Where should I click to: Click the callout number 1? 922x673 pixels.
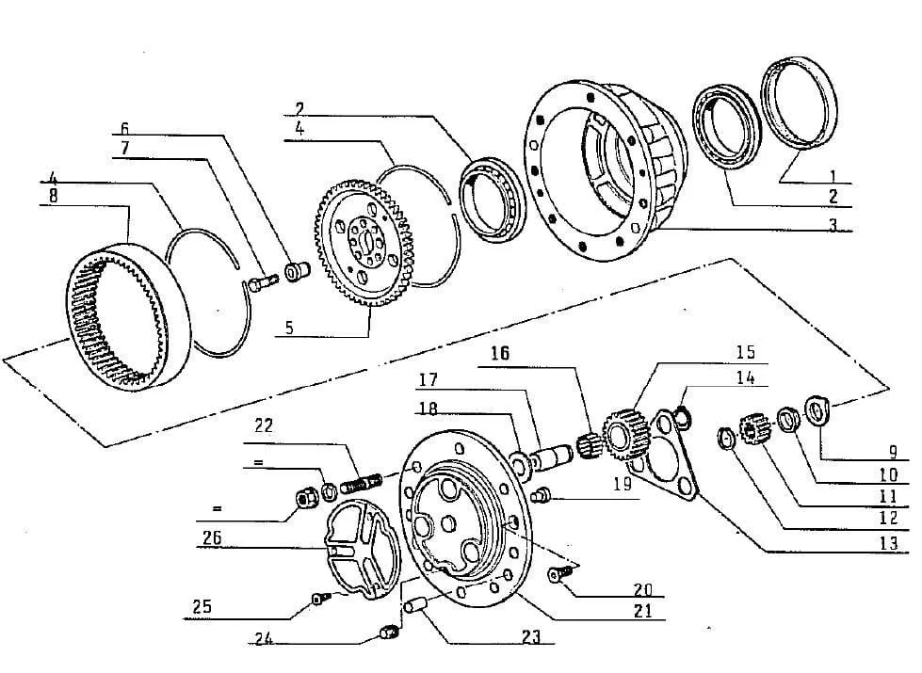[832, 173]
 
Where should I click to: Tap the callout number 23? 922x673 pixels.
[531, 636]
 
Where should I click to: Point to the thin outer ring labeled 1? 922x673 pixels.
[801, 103]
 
